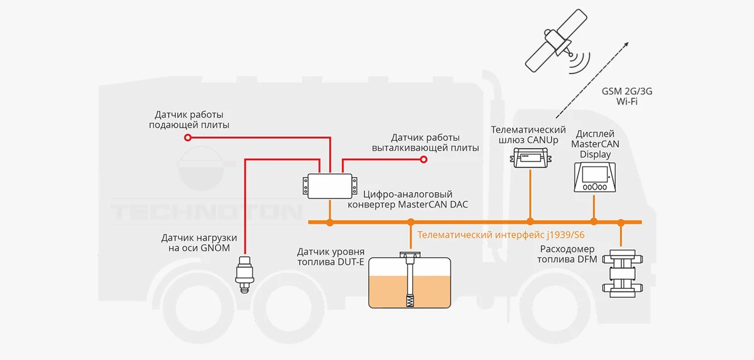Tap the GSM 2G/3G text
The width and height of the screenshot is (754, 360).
pos(626,91)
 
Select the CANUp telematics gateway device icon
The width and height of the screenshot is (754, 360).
pos(530,158)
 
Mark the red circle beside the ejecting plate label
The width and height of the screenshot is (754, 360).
pos(423,160)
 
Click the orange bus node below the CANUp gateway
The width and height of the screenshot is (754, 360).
pos(530,221)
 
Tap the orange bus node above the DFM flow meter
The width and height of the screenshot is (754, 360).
pos(621,222)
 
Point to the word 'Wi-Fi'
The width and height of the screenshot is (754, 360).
pos(626,101)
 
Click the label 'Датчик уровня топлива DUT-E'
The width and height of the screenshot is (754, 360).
pos(331,256)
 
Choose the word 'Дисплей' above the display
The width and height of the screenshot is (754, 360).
pos(595,134)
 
